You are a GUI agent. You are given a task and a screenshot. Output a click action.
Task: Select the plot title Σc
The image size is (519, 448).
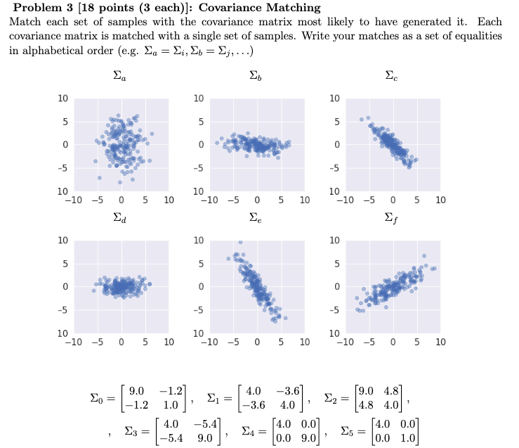391,75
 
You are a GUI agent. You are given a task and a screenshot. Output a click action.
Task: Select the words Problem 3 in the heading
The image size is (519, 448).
37,8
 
